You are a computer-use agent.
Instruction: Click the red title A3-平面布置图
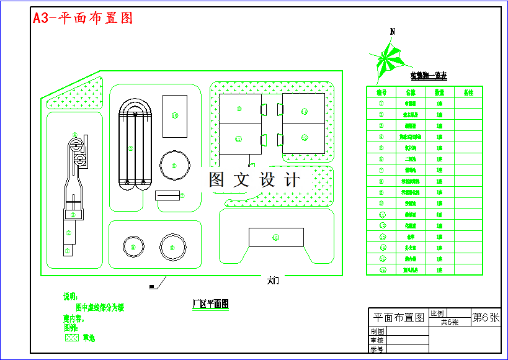pyautogui.click(x=82, y=18)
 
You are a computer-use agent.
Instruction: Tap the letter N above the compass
pyautogui.click(x=392, y=32)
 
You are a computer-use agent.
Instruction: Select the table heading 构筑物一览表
pyautogui.click(x=428, y=76)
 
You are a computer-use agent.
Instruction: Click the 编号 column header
pyautogui.click(x=381, y=92)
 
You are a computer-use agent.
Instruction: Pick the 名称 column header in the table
pyautogui.click(x=410, y=92)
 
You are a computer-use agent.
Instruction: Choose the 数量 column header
pyautogui.click(x=439, y=92)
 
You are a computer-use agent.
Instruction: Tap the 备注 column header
pyautogui.click(x=468, y=92)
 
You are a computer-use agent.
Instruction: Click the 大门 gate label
pyautogui.click(x=273, y=281)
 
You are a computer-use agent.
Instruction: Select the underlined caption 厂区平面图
pyautogui.click(x=210, y=304)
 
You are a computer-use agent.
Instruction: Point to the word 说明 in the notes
pyautogui.click(x=70, y=297)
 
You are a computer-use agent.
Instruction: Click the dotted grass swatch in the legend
pyautogui.click(x=72, y=338)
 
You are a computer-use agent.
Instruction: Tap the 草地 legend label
pyautogui.click(x=89, y=338)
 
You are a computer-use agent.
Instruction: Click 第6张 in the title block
pyautogui.click(x=486, y=317)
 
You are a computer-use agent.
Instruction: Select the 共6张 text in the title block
pyautogui.click(x=449, y=322)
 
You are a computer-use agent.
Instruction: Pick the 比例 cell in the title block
pyautogui.click(x=437, y=313)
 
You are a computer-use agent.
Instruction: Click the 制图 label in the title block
pyautogui.click(x=377, y=331)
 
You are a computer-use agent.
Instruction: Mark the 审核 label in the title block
pyautogui.click(x=377, y=340)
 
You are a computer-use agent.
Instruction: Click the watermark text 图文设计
pyautogui.click(x=254, y=180)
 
